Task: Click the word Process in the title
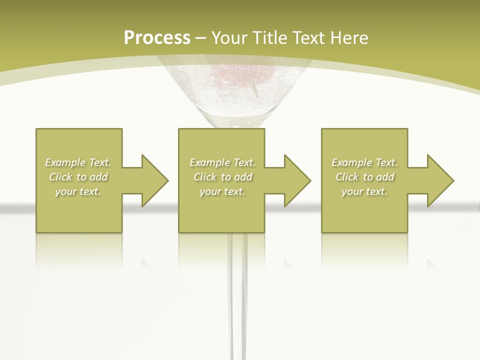click(157, 38)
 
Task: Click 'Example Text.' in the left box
click(78, 162)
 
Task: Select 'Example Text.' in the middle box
click(222, 162)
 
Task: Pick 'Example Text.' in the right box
click(364, 162)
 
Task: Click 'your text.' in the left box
click(78, 191)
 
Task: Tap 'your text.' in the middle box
click(222, 191)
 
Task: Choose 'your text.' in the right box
click(364, 191)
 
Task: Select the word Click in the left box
click(61, 177)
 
